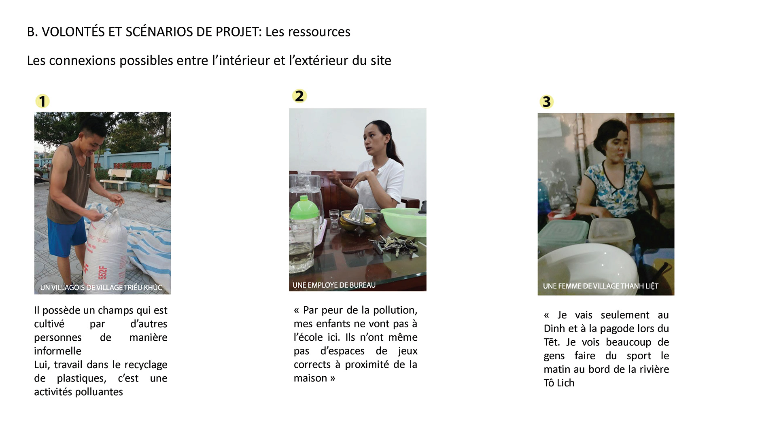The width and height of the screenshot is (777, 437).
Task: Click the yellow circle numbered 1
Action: pyautogui.click(x=42, y=101)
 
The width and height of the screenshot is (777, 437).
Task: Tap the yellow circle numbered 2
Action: pyautogui.click(x=299, y=96)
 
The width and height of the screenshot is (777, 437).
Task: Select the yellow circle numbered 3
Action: pyautogui.click(x=547, y=102)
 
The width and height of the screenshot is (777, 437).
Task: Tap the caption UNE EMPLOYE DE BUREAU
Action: pyautogui.click(x=334, y=285)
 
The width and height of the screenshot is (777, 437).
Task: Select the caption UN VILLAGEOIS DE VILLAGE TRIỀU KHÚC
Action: pyautogui.click(x=101, y=288)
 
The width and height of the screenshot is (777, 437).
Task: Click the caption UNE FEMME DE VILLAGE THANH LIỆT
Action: pyautogui.click(x=601, y=286)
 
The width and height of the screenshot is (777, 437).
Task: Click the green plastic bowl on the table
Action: pyautogui.click(x=404, y=221)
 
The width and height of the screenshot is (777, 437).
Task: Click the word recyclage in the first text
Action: pyautogui.click(x=147, y=365)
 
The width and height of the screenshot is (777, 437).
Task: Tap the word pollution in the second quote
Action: pyautogui.click(x=395, y=310)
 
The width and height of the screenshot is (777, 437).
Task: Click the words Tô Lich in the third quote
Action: pyautogui.click(x=559, y=383)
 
